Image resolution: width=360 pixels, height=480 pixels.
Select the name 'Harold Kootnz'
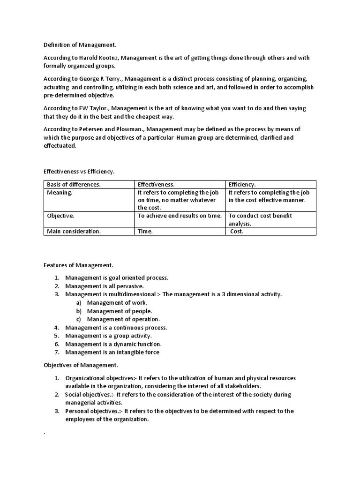coord(99,58)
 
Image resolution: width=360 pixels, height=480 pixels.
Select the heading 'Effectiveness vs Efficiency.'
coord(79,172)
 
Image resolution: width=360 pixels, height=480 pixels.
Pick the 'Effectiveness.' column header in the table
coord(156,184)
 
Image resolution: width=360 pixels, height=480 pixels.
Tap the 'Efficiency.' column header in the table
coord(242,184)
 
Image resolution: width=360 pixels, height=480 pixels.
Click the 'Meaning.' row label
coord(60,192)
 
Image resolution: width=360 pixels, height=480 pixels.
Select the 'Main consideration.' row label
coord(74,231)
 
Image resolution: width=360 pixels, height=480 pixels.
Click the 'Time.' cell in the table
coord(145,231)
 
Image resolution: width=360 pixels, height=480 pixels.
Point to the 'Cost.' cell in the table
coord(237,231)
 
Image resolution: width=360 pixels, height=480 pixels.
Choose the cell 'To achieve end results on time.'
coord(180,216)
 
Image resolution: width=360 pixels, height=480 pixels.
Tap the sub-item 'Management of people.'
coord(119,311)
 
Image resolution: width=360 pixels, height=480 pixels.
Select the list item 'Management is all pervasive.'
coord(104,286)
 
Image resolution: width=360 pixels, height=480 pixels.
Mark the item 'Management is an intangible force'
coord(112,352)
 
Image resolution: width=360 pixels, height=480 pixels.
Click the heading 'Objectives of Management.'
coord(81,365)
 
